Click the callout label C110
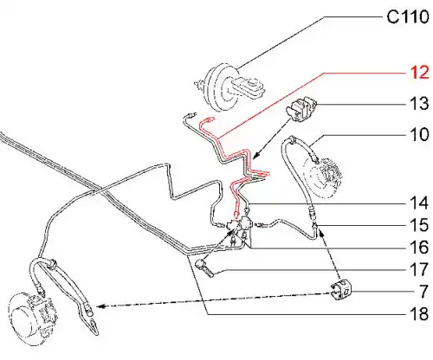(408, 16)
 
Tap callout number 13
(419, 103)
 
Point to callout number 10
(419, 134)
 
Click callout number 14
(419, 202)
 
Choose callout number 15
(419, 225)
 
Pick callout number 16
(419, 247)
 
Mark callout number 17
(419, 270)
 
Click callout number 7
(423, 292)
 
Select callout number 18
(419, 314)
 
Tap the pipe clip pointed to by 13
(301, 110)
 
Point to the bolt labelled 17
(204, 268)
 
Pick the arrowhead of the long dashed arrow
(99, 306)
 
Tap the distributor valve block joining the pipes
(240, 224)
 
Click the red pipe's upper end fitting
(209, 119)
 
